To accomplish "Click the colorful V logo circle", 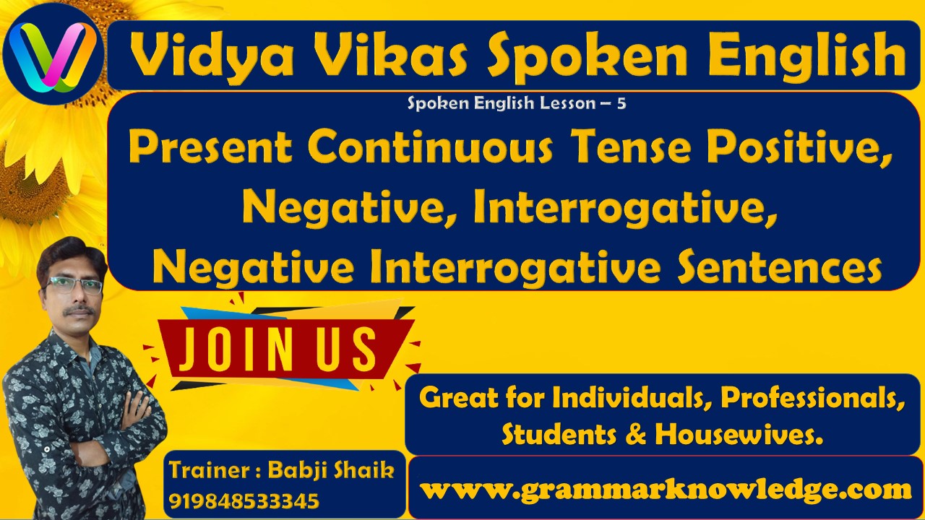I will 53,54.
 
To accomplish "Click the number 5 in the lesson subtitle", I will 621,103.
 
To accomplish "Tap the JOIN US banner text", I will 278,349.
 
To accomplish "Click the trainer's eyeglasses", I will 74,285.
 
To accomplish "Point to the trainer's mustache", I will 79,311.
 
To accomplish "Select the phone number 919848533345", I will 244,500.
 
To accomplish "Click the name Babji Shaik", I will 331,471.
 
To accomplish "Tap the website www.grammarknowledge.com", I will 665,490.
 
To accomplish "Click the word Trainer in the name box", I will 210,471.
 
